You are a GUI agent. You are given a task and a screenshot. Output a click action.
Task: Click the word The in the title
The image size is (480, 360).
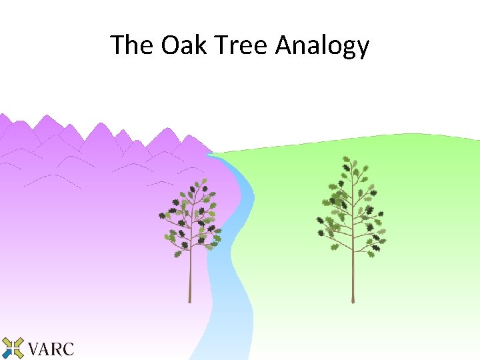131,45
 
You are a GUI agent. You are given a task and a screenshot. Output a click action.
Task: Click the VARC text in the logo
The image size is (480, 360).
51,348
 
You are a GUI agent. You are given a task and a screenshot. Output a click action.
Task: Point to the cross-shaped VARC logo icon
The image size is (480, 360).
13,348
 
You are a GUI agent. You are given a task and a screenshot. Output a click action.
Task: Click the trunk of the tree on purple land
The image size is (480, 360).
190,273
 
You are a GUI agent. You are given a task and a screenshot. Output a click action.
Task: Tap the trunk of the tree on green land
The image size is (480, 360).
353,273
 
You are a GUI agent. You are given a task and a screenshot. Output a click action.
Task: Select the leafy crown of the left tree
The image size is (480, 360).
191,217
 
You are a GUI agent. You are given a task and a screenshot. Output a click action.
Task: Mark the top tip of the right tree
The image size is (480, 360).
346,158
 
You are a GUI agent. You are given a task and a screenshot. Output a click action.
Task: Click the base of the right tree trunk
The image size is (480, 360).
353,301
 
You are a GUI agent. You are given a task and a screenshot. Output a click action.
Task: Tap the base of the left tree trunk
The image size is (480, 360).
190,301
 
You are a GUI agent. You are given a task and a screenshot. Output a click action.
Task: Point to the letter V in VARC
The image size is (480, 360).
35,348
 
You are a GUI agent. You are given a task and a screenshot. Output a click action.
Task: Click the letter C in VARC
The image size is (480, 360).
67,348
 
